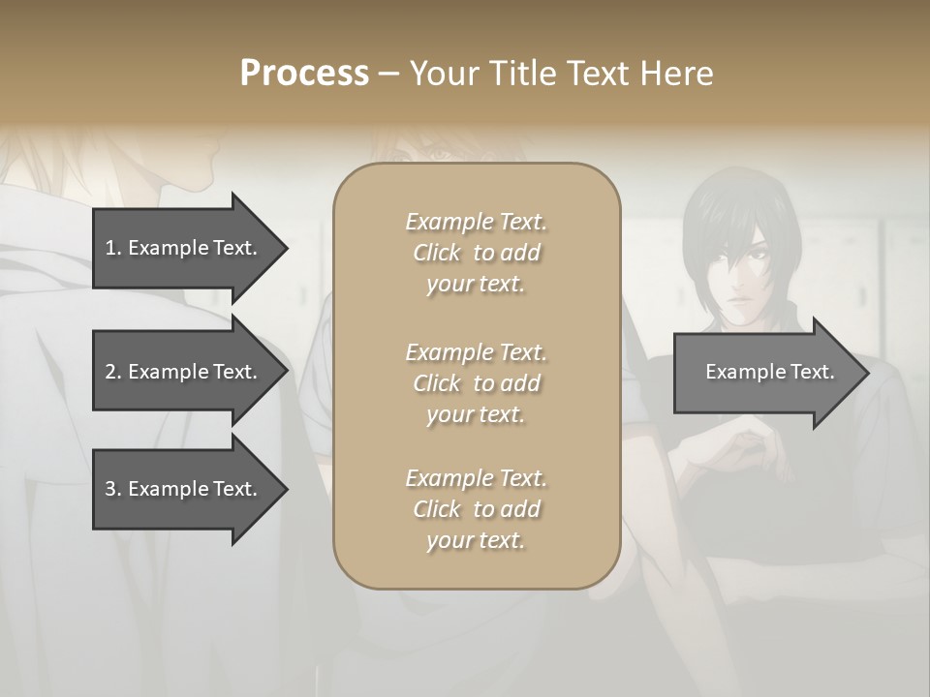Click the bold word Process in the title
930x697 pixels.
[x=304, y=74]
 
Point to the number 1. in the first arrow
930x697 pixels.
[x=113, y=248]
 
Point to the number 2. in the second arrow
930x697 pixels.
[x=113, y=372]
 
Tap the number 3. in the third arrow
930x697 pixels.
[x=113, y=489]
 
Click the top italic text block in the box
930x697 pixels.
[x=476, y=253]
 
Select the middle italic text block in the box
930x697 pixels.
[x=476, y=383]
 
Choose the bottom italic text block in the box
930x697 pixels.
[x=476, y=509]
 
